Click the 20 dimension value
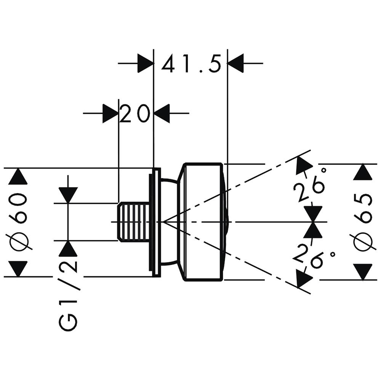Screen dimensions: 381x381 click(x=134, y=114)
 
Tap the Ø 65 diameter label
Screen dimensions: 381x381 click(x=362, y=222)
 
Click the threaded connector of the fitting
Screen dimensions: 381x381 click(x=133, y=222)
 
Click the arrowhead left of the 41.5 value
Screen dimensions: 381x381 click(x=145, y=63)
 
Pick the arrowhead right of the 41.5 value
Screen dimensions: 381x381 click(x=235, y=63)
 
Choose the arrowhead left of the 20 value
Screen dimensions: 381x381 click(x=110, y=114)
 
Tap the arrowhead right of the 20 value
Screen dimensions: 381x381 click(x=162, y=114)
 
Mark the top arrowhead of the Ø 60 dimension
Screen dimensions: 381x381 click(x=18, y=177)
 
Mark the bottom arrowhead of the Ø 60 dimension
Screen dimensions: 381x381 click(x=18, y=268)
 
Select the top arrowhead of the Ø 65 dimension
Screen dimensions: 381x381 click(x=362, y=172)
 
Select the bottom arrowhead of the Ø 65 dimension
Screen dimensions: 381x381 click(x=362, y=272)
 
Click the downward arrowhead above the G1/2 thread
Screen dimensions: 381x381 click(x=68, y=195)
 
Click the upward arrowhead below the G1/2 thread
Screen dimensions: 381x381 click(x=68, y=249)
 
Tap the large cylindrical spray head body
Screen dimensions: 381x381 click(x=202, y=222)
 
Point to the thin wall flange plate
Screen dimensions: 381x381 click(x=155, y=222)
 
